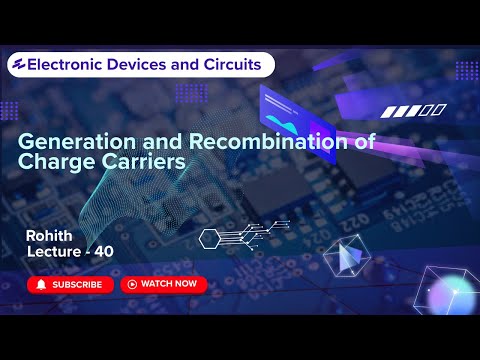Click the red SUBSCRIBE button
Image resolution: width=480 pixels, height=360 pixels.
click(69, 284)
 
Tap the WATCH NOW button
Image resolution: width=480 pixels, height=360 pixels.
click(164, 284)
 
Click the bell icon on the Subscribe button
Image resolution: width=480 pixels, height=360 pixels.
click(41, 284)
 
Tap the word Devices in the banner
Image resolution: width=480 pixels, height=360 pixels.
click(151, 65)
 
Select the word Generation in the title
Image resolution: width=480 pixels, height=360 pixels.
click(69, 142)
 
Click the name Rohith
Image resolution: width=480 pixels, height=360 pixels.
click(50, 235)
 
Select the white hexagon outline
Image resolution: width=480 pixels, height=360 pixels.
click(209, 238)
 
